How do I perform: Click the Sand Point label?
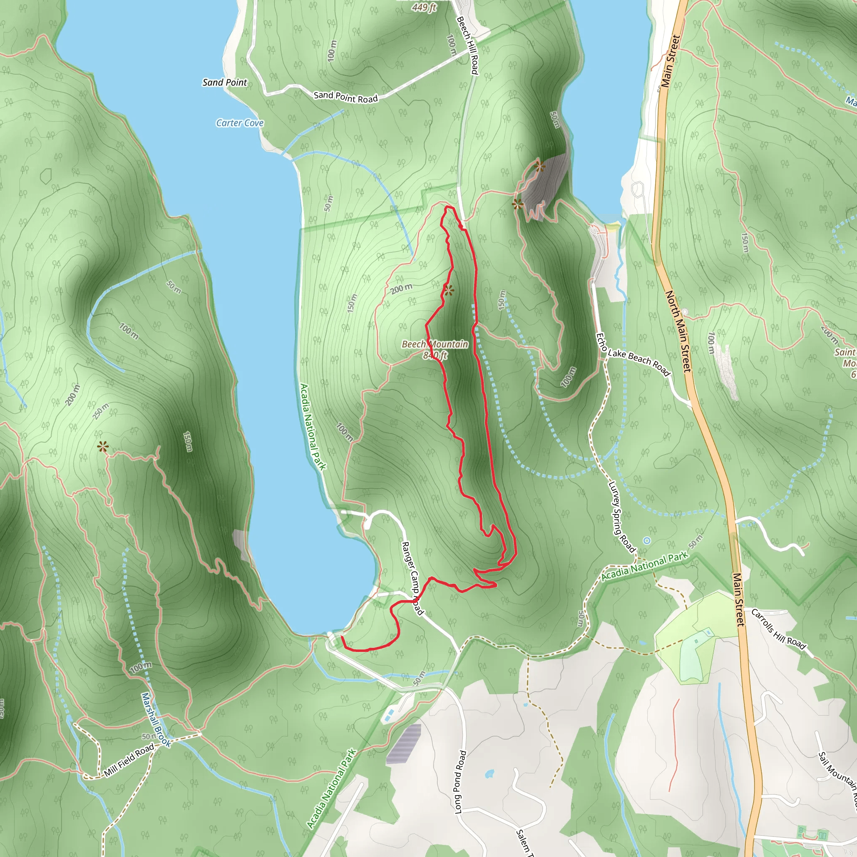tap(224, 82)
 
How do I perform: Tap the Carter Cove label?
tap(240, 123)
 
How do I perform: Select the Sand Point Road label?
tap(346, 97)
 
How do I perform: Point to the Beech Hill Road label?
tap(467, 45)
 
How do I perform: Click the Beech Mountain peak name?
tap(435, 344)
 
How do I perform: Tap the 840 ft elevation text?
tap(435, 355)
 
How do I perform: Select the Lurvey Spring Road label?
tap(621, 517)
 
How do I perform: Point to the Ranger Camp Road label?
tap(412, 578)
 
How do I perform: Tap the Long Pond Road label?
tap(461, 782)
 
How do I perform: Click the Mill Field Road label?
tap(129, 760)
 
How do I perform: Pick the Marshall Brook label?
tap(156, 720)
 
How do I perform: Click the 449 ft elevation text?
tap(424, 8)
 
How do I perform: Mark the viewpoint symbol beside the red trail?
tap(449, 290)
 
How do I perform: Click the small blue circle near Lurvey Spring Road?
tap(647, 540)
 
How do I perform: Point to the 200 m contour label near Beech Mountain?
tap(401, 289)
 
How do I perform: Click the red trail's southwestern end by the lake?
tap(342, 637)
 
